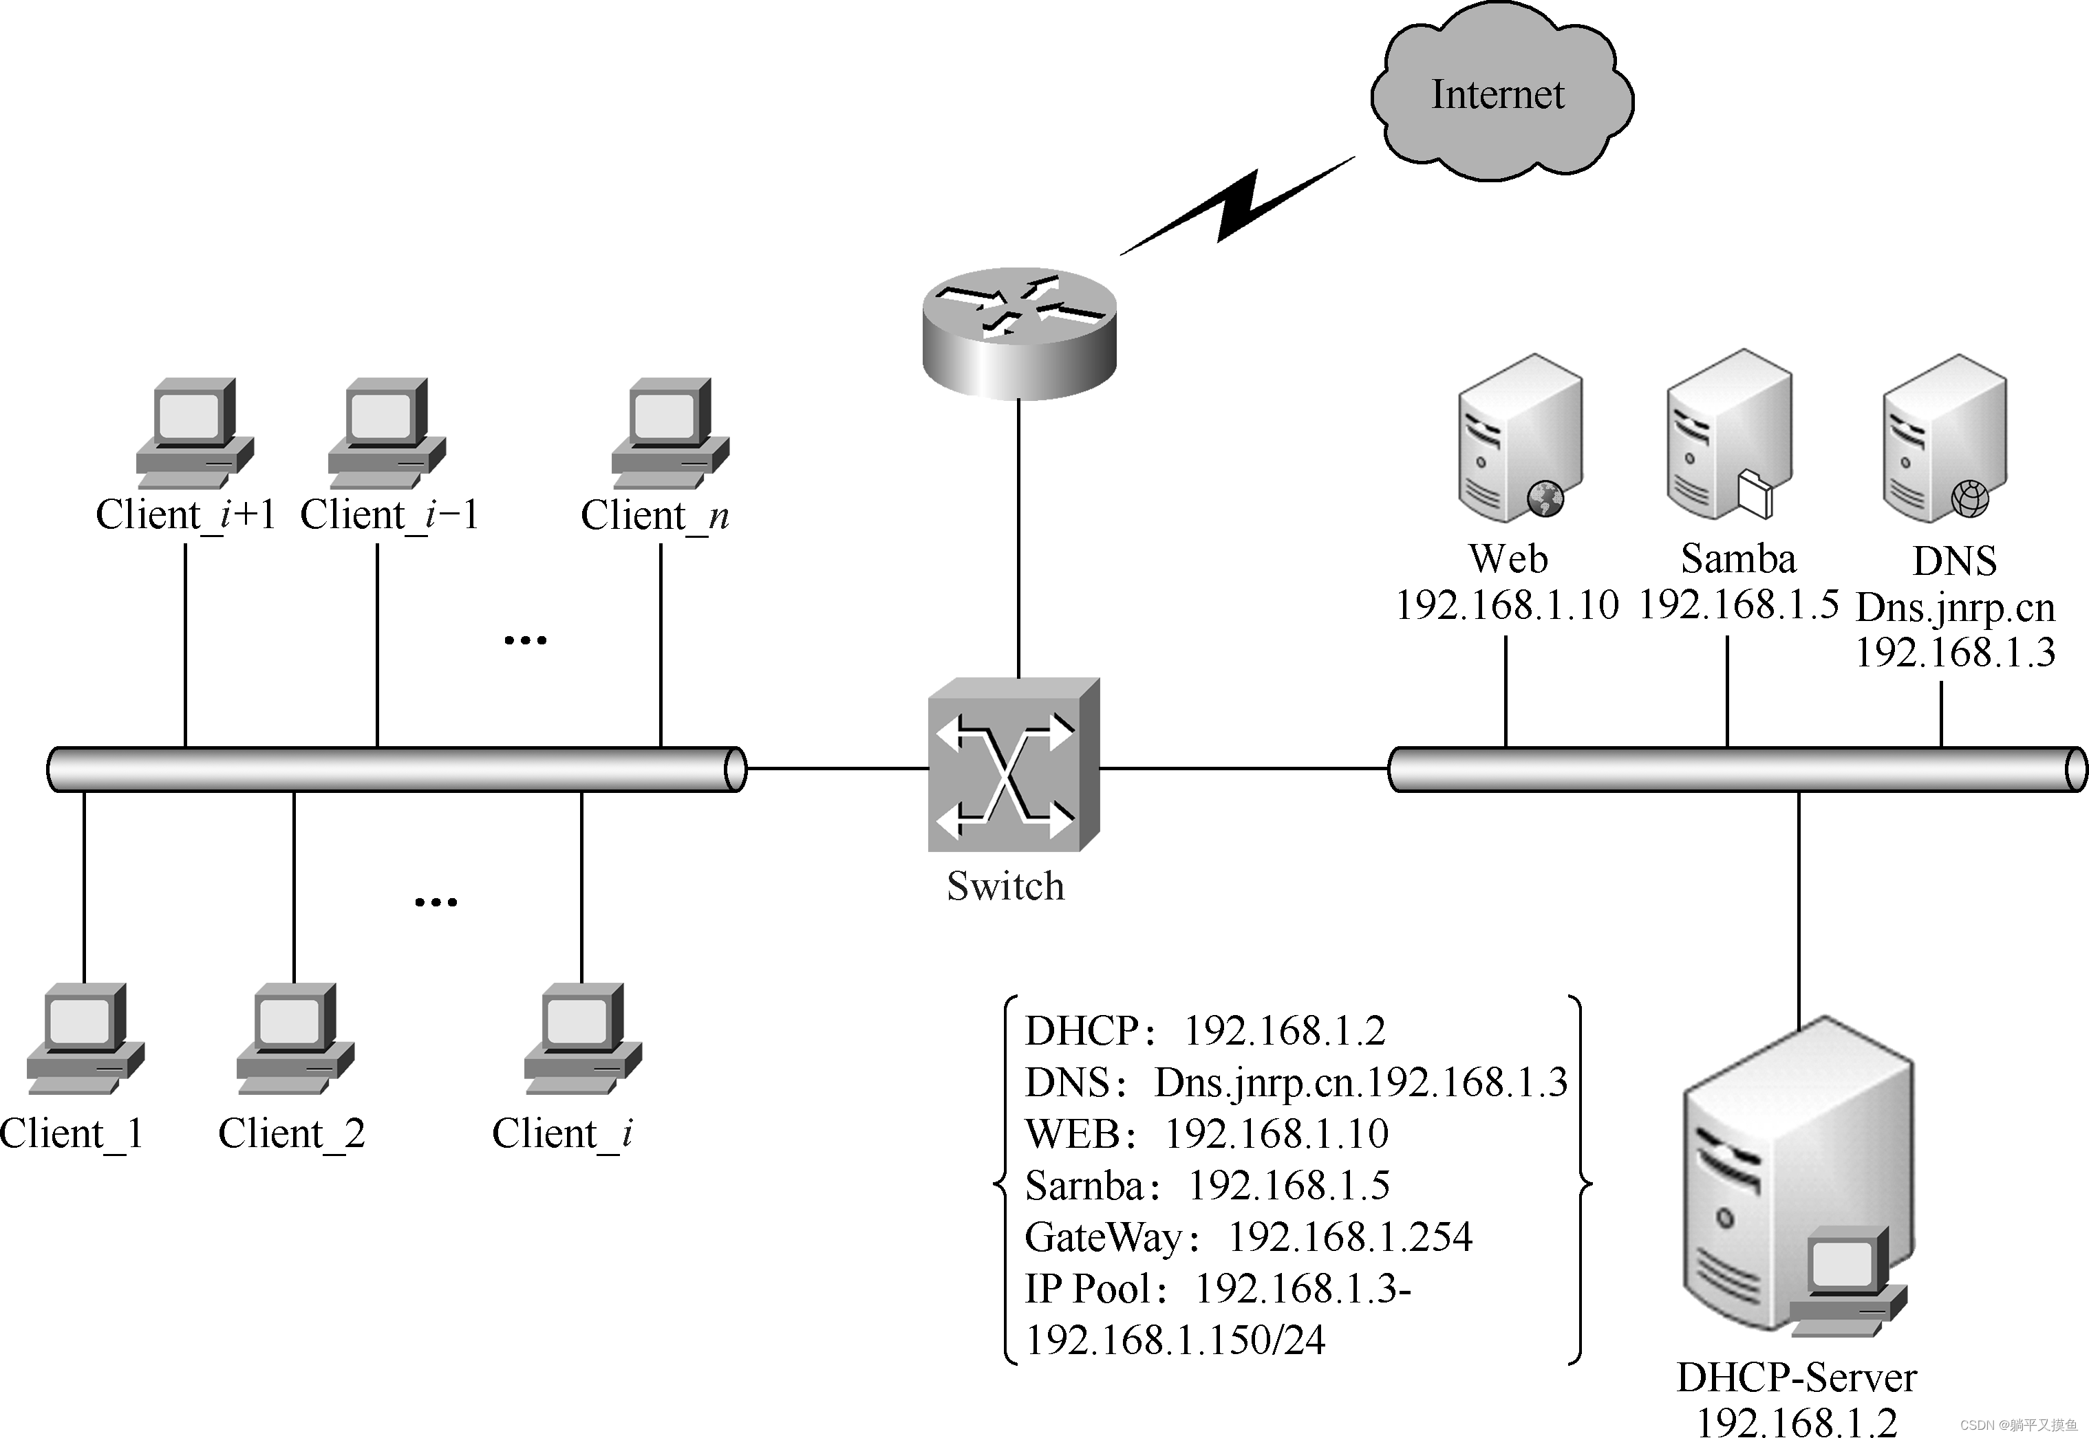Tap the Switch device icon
point(1014,764)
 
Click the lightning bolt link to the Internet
point(1237,206)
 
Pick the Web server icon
point(1519,439)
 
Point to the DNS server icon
point(1944,439)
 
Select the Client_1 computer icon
point(85,1038)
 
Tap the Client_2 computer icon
point(294,1038)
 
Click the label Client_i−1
point(389,515)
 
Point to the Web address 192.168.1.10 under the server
point(1507,604)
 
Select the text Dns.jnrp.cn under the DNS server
point(1956,608)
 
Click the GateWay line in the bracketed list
point(1248,1237)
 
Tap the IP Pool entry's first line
point(1217,1289)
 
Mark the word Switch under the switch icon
point(1005,886)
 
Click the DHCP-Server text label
point(1796,1377)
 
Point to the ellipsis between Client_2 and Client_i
point(436,901)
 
